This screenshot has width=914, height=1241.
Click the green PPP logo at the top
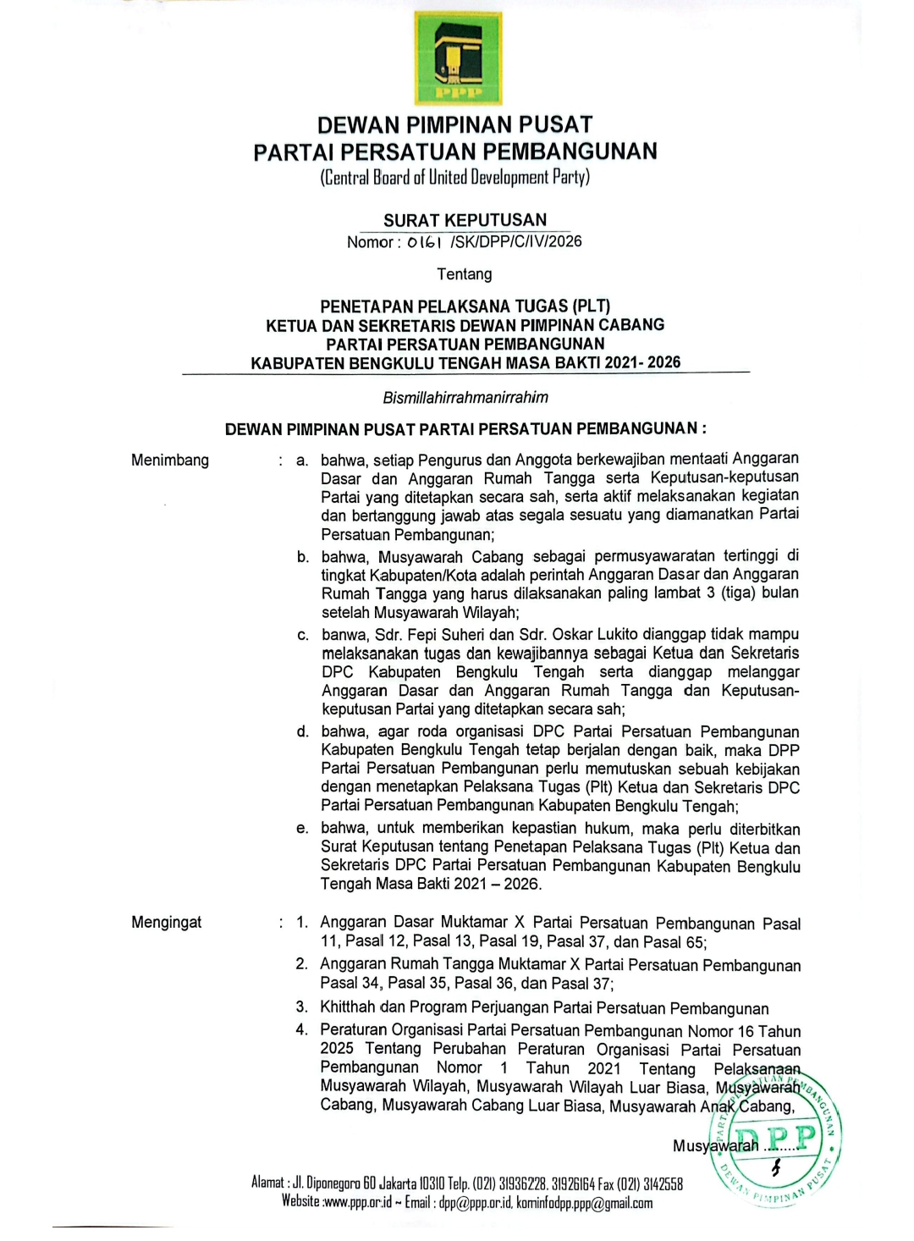[458, 58]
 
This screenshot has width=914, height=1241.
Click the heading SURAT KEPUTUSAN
[465, 220]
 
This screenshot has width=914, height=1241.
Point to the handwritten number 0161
[424, 242]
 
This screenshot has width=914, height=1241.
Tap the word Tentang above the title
[464, 274]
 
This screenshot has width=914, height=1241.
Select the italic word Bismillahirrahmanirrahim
[465, 397]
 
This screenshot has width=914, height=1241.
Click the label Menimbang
[169, 461]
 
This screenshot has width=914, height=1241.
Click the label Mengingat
[166, 922]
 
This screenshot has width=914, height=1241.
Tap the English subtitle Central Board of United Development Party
[454, 178]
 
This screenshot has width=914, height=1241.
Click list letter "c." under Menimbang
[303, 635]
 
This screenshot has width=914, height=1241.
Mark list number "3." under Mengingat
[301, 1007]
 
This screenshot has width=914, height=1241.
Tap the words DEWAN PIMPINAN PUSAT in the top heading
[454, 125]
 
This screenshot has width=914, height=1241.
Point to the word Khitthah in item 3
[347, 1007]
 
